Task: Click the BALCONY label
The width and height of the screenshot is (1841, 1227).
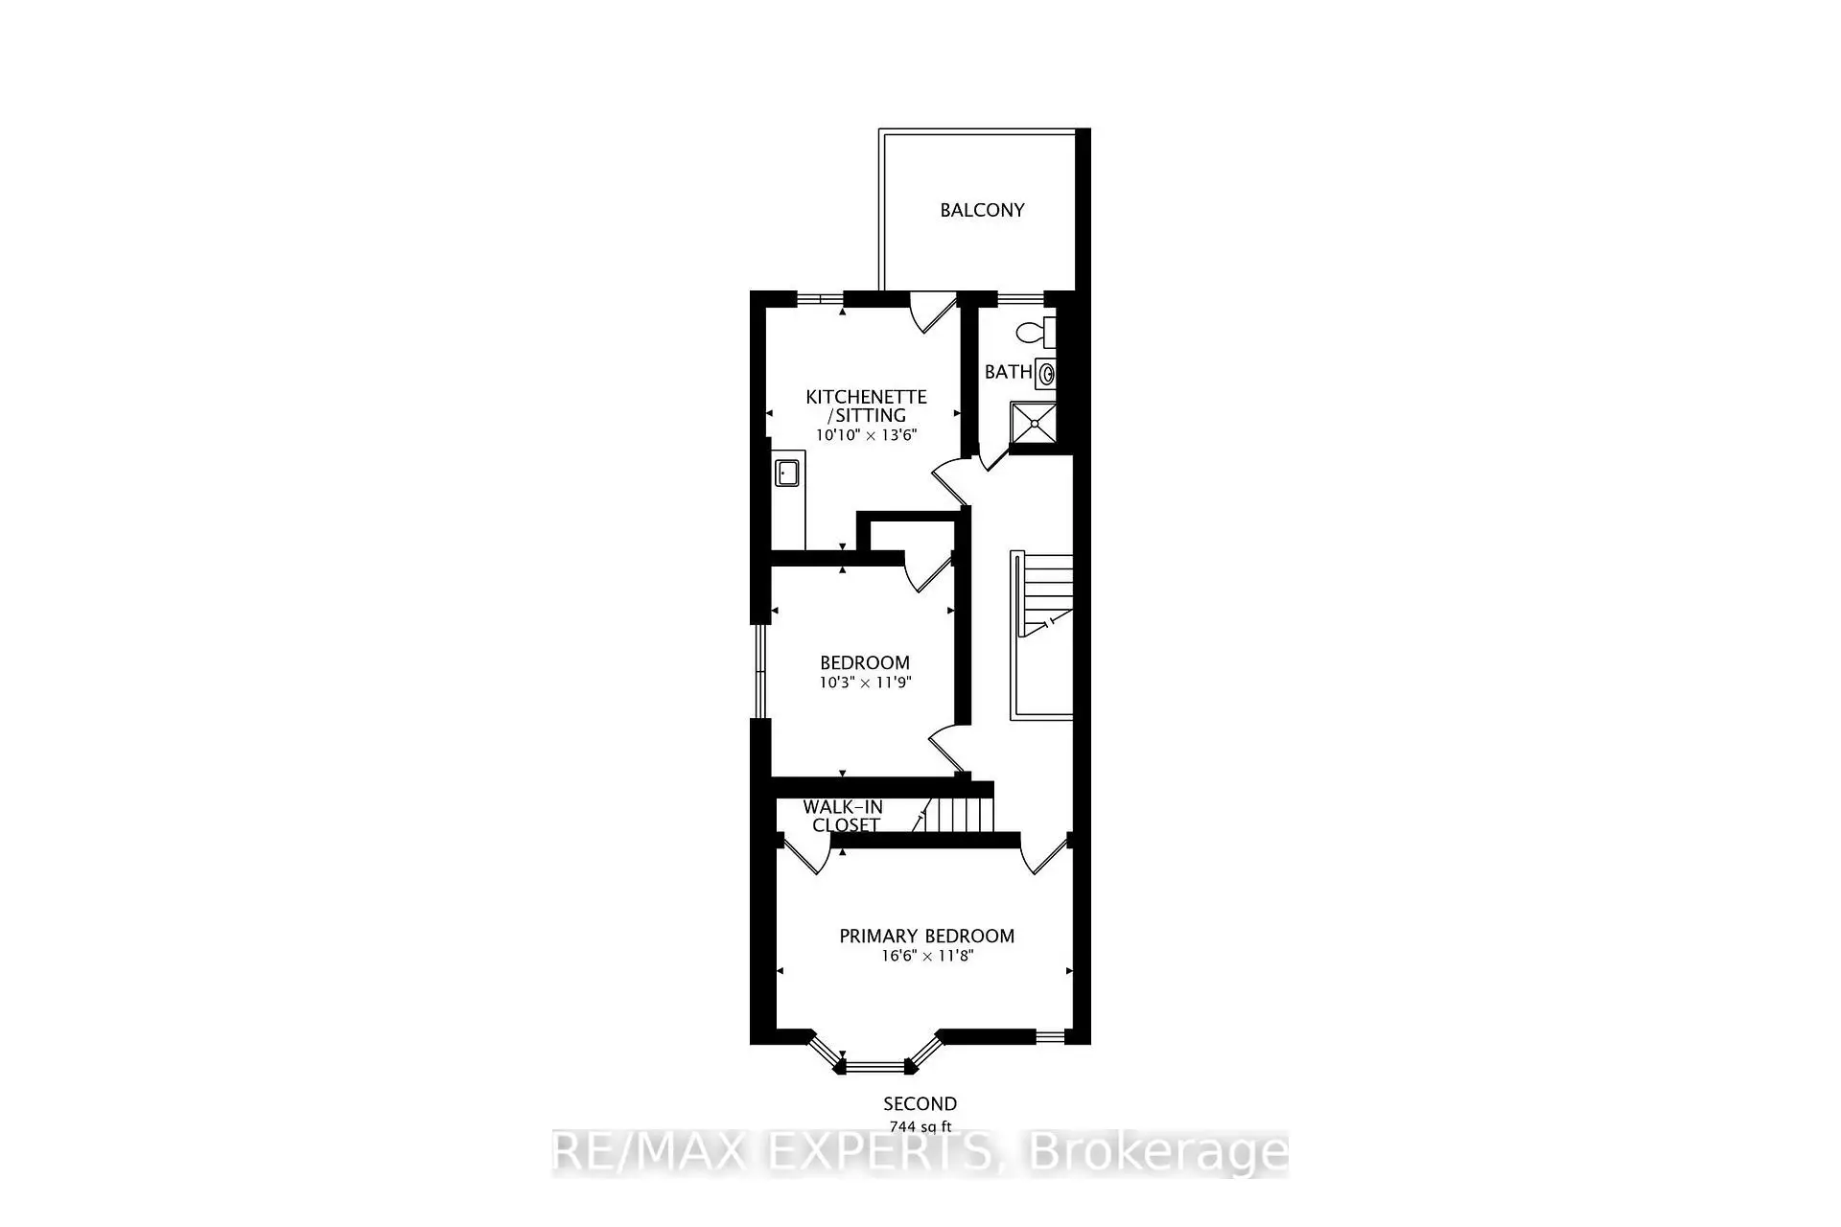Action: (x=982, y=210)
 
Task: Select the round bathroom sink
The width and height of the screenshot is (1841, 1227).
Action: (x=1046, y=374)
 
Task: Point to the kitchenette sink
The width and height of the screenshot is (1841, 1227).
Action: (x=788, y=474)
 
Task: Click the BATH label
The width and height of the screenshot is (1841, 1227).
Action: (x=1009, y=372)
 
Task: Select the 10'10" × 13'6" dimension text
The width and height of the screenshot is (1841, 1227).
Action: (x=866, y=434)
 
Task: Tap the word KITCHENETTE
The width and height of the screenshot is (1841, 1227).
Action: (x=866, y=397)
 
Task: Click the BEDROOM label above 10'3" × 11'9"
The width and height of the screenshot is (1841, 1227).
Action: (x=864, y=662)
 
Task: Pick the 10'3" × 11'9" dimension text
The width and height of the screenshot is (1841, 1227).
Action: (x=864, y=683)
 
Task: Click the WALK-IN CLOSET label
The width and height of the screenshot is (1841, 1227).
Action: (x=844, y=816)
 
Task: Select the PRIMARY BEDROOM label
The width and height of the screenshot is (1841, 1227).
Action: (x=926, y=936)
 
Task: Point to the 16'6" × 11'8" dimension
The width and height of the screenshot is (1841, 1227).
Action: (x=926, y=956)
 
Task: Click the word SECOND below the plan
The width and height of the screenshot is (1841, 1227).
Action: (x=920, y=1104)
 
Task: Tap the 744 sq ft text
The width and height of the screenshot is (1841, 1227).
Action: (x=920, y=1126)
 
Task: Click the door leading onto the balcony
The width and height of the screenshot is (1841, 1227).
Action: (x=933, y=313)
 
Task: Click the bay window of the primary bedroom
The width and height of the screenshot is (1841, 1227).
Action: (x=873, y=1064)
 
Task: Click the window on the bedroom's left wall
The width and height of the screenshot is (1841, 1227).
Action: (x=759, y=671)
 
